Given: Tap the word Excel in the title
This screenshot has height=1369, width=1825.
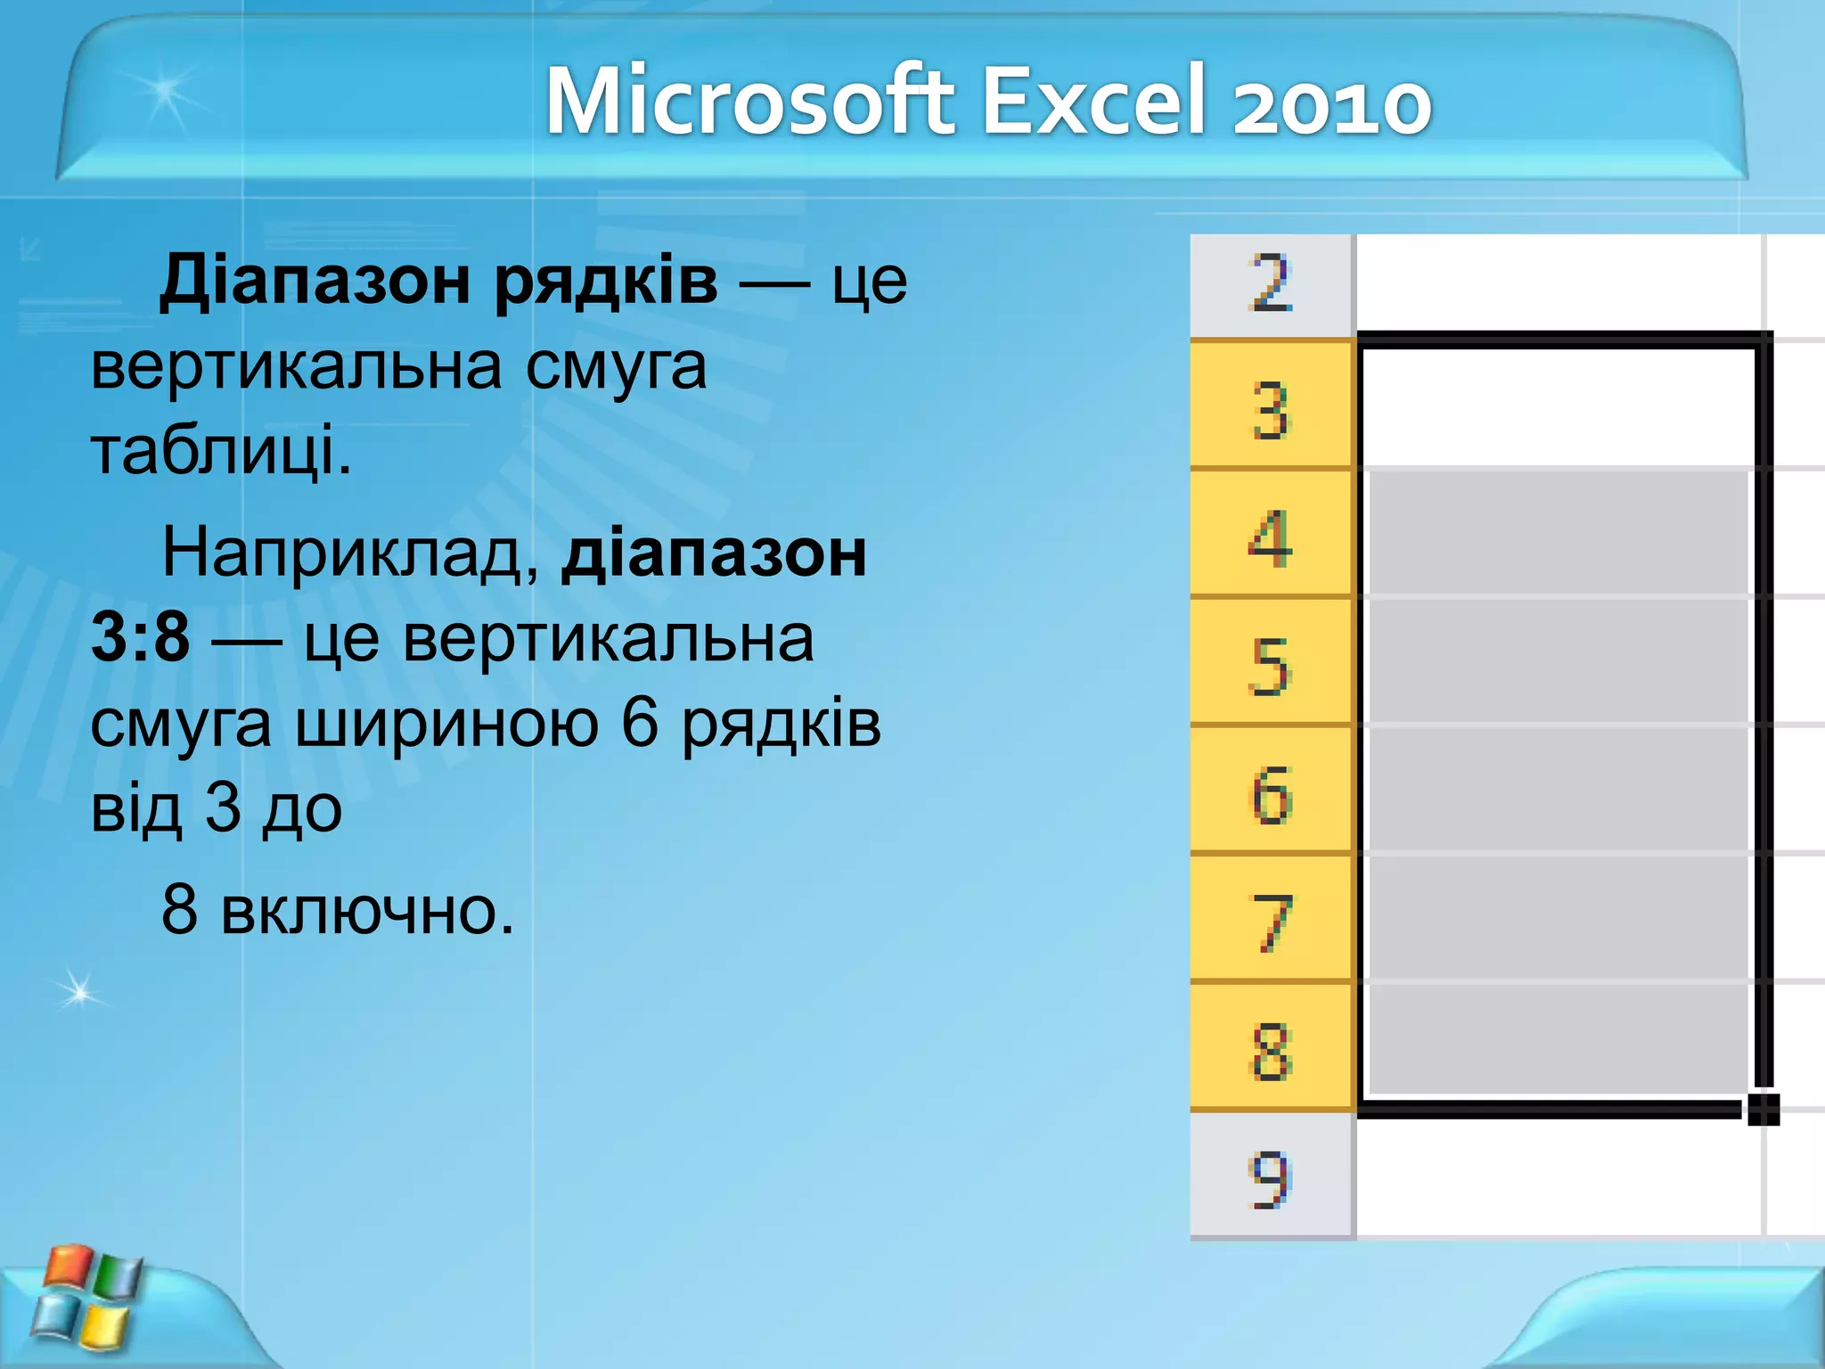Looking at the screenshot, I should point(1096,101).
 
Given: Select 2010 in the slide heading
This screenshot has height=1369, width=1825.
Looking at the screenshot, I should point(1331,102).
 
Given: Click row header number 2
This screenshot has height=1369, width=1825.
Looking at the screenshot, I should point(1271,283).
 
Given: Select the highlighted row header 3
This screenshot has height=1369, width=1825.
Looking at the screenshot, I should point(1271,411).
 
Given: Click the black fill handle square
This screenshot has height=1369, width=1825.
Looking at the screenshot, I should point(1763,1110).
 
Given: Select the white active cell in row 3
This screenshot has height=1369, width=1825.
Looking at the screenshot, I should point(1556,406).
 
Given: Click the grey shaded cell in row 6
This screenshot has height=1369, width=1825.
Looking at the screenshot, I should point(1556,790).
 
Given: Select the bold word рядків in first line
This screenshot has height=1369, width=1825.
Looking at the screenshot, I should point(606,281).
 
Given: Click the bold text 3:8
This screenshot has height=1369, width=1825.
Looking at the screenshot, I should point(141,638).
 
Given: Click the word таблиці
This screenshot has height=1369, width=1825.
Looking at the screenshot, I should point(221,451).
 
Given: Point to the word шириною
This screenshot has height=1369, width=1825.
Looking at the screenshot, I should point(446,723).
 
